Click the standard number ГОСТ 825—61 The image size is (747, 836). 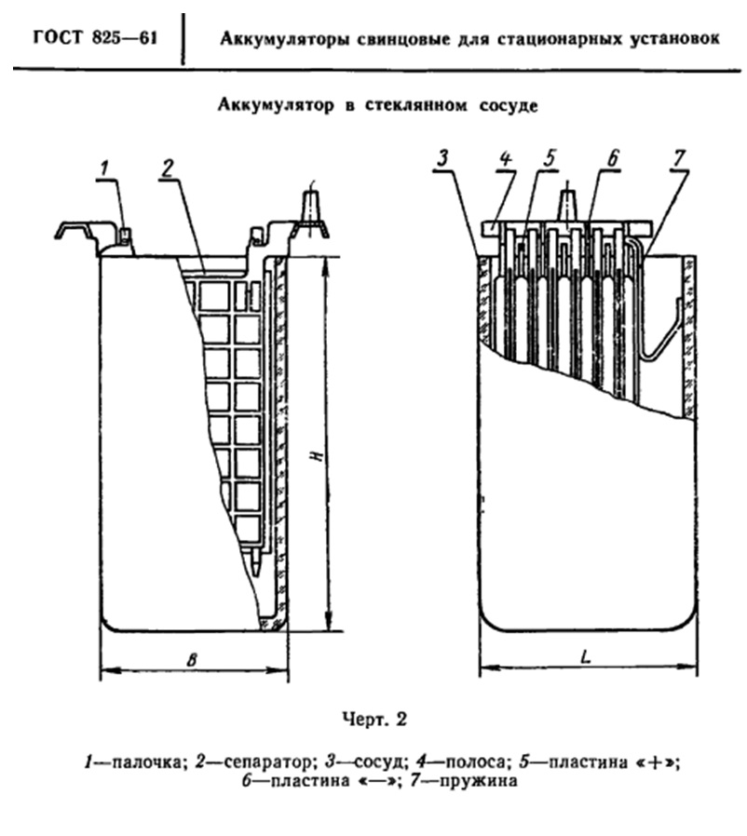tap(96, 38)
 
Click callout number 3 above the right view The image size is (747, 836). tap(442, 158)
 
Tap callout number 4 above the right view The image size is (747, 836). tap(506, 158)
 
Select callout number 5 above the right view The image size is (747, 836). tap(550, 158)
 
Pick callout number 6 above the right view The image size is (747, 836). tap(613, 158)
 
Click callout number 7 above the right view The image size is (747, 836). tap(679, 158)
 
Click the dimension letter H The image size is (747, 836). tap(318, 456)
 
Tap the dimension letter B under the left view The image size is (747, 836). tap(192, 659)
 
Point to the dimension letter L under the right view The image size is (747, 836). tap(585, 657)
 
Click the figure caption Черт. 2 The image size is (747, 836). tap(374, 720)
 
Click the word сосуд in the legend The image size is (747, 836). tap(381, 763)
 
